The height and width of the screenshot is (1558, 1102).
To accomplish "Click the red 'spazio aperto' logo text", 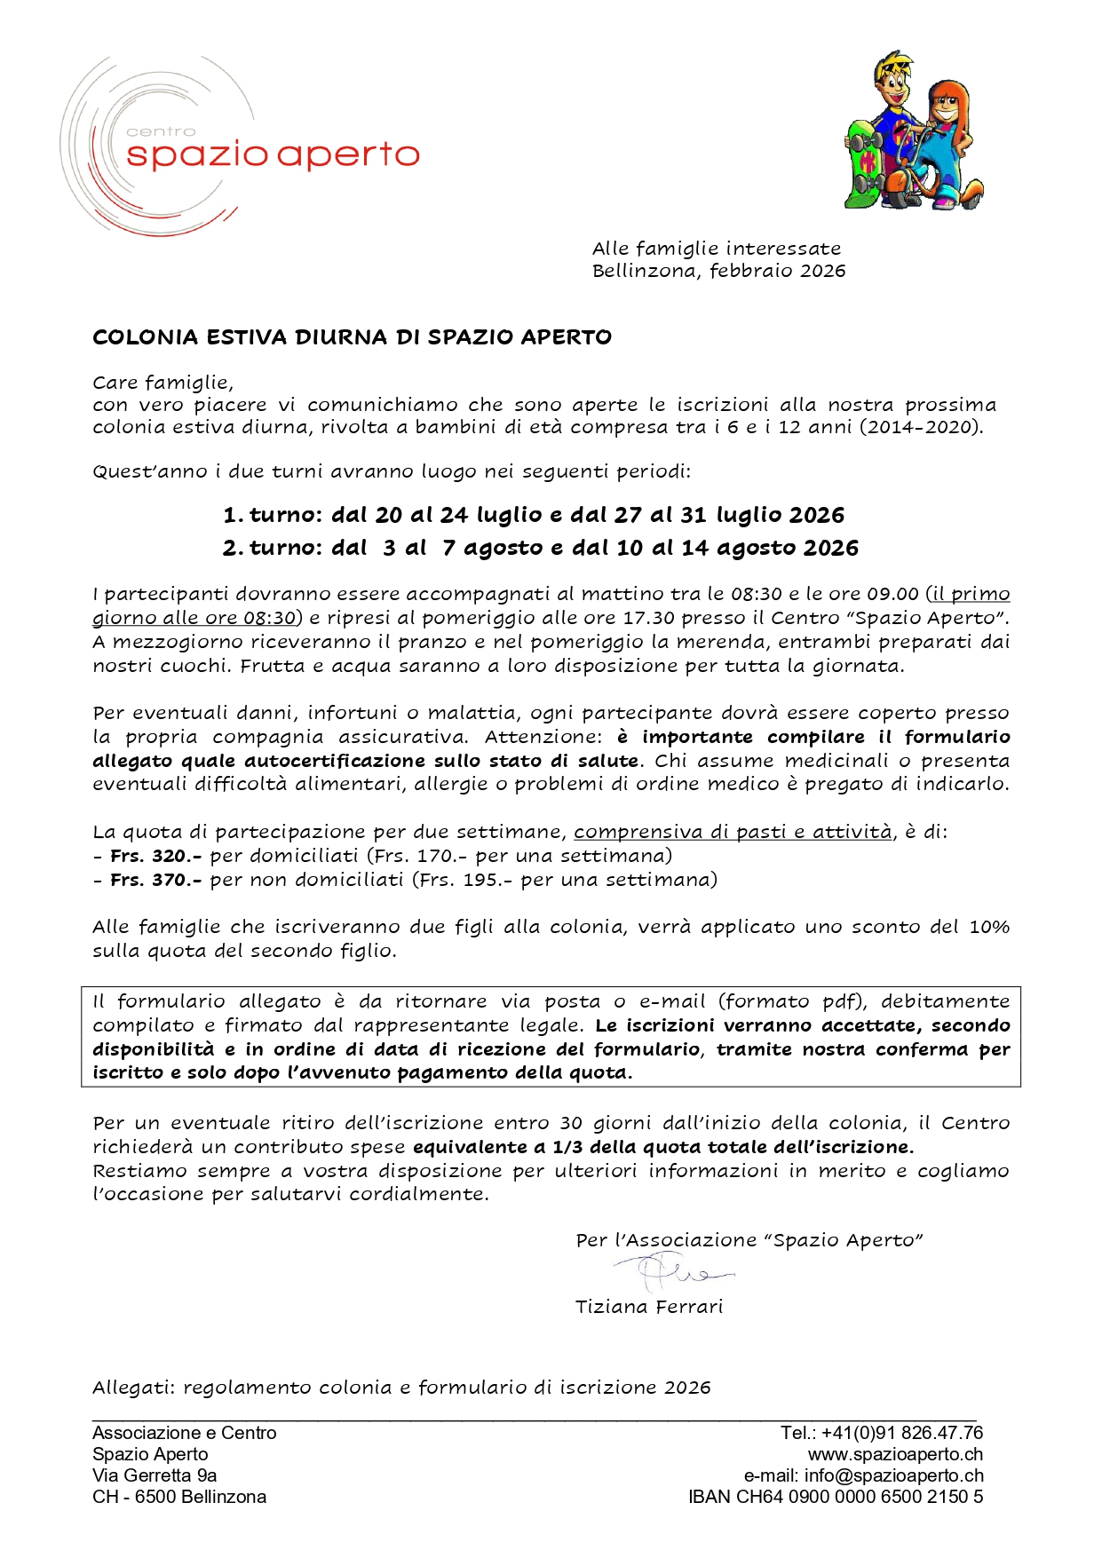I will (273, 154).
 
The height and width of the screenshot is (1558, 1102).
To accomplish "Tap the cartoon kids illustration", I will (913, 130).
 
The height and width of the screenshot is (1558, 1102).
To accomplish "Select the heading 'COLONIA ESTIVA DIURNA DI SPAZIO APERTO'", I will (352, 337).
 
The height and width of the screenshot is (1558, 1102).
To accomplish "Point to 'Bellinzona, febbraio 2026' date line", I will (718, 271).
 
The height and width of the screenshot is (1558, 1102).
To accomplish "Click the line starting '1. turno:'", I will (534, 515).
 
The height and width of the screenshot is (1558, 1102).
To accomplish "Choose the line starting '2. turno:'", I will (540, 548).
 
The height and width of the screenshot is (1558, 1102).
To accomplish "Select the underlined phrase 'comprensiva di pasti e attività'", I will (733, 832).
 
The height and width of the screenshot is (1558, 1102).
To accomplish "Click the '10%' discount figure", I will (989, 927).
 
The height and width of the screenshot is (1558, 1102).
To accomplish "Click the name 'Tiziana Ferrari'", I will (649, 1307).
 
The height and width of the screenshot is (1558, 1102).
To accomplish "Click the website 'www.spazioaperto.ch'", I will (895, 1454).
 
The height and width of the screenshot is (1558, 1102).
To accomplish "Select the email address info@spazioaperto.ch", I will (893, 1475).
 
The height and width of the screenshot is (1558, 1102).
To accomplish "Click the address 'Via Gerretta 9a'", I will (155, 1475).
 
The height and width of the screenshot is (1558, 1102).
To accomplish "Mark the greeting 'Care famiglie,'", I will (163, 383).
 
